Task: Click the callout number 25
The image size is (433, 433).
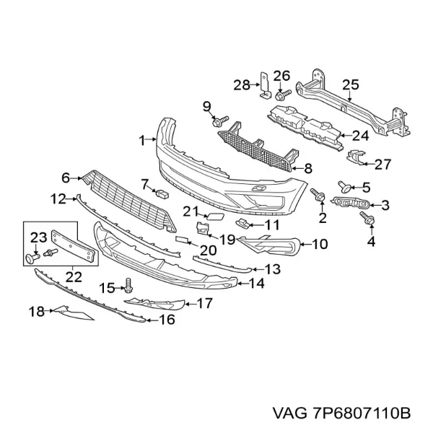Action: click(351, 84)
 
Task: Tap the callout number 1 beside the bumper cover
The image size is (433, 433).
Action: click(142, 141)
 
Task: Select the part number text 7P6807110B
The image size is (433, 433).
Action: click(361, 414)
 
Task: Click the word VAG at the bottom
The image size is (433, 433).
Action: click(289, 414)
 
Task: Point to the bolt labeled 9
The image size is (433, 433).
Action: click(220, 121)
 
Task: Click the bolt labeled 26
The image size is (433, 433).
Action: click(283, 95)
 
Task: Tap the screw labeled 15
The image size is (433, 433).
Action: click(128, 285)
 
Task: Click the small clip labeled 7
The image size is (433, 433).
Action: click(162, 194)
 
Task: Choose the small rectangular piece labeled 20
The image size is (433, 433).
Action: click(183, 240)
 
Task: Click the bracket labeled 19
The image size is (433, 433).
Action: click(202, 229)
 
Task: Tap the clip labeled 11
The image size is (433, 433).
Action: click(242, 222)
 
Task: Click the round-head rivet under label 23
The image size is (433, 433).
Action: click(32, 258)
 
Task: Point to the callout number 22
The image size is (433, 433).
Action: click(74, 277)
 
